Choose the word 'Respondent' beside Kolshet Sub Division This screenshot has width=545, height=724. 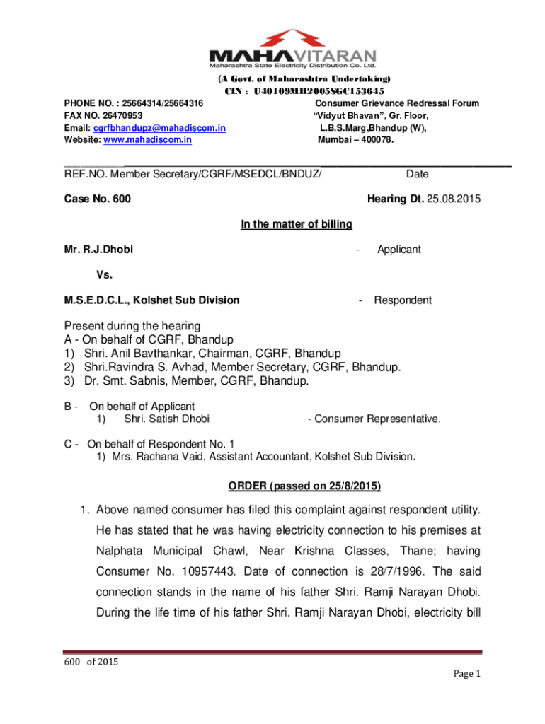coord(403,300)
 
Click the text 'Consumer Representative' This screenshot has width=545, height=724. coord(377,419)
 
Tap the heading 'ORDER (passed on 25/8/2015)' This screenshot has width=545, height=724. coord(304,487)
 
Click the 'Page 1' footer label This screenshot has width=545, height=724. coord(466,674)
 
